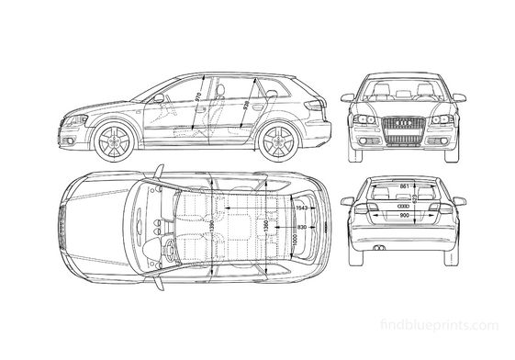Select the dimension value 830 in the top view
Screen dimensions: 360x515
[x=303, y=226]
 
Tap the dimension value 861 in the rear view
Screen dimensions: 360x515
[x=404, y=186]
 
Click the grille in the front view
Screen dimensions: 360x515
[x=404, y=127]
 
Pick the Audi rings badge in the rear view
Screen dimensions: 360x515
[x=404, y=208]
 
